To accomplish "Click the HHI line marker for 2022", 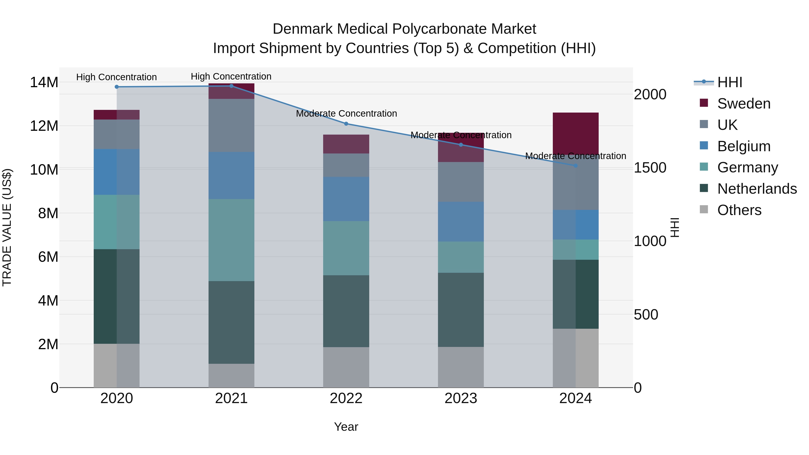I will (346, 124).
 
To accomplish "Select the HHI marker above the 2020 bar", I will (116, 87).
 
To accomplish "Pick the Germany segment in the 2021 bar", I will (231, 240).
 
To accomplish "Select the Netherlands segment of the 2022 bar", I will (346, 311).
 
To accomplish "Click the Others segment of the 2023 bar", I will (461, 367).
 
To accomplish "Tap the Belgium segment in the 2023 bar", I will (461, 222).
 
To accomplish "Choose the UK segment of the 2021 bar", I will (231, 126).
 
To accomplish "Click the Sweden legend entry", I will (744, 104).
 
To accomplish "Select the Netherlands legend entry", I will (757, 189).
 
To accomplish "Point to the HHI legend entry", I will (729, 82).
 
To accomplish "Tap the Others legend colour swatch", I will (704, 209).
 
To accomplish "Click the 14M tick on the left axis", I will (44, 83).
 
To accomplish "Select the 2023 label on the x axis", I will (461, 398).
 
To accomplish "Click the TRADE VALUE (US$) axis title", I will (7, 227).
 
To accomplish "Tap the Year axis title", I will (346, 427).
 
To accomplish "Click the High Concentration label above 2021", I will (231, 76).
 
